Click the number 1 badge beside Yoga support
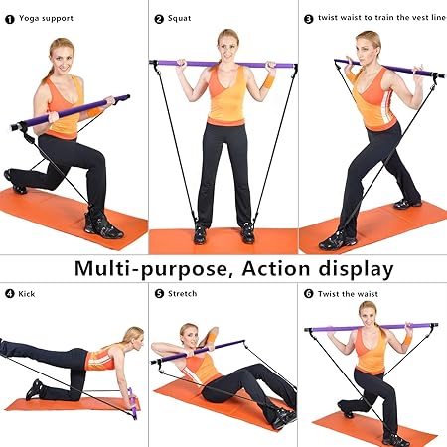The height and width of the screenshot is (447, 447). pos(10,18)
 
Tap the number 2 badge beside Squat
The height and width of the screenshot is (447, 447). pos(159,18)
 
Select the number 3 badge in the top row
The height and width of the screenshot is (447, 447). pos(308,18)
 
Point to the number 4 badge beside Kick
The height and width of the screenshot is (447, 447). pos(10,294)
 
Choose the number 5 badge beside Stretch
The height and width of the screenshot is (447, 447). pos(159,294)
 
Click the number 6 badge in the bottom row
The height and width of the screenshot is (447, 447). pos(308,294)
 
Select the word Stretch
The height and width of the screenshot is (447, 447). pos(183,294)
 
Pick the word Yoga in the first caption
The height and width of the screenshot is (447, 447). pos(31,18)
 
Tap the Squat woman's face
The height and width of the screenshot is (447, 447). pos(226,45)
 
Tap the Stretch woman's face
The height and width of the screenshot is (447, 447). pos(187,337)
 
